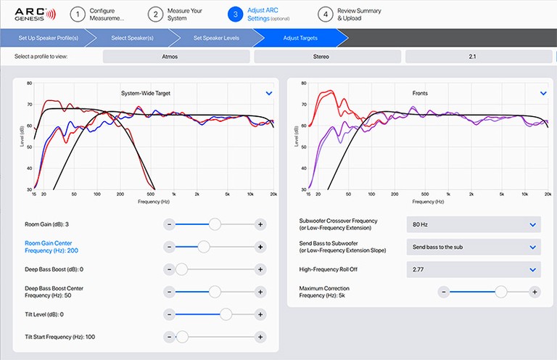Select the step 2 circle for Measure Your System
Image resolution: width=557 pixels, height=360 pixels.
[154, 14]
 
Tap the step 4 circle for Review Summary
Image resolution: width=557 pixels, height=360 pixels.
[326, 14]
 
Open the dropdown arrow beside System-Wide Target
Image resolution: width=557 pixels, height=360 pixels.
[269, 93]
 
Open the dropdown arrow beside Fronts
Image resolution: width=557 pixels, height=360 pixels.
[543, 93]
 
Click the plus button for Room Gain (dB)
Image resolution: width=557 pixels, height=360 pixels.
[260, 224]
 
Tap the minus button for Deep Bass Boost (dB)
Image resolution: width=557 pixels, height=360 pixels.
[169, 269]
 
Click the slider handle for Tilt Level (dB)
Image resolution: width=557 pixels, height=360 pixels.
[226, 314]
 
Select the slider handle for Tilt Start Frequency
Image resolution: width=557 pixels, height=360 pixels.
[182, 337]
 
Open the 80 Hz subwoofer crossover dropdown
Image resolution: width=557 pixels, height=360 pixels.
[474, 224]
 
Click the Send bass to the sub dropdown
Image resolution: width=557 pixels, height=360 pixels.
[474, 247]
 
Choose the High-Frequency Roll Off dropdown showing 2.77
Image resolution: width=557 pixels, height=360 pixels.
[474, 269]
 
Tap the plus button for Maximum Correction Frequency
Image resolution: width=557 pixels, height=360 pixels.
[535, 292]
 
